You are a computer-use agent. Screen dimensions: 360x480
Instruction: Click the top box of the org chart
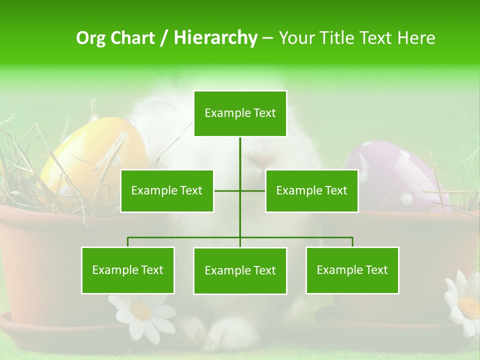point(240,113)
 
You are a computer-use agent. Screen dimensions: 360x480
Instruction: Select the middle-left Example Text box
point(167,190)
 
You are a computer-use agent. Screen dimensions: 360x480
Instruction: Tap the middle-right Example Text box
point(311,190)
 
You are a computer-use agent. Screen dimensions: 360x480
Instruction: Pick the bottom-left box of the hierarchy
point(128,270)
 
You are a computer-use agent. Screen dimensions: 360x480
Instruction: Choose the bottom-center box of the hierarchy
point(240,270)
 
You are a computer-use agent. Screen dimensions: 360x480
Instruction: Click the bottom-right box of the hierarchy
point(352,270)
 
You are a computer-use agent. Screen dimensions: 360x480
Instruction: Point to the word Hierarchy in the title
point(215,38)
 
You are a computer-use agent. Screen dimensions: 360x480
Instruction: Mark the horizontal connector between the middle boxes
point(240,190)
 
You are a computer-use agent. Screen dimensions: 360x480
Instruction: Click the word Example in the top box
point(223,113)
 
